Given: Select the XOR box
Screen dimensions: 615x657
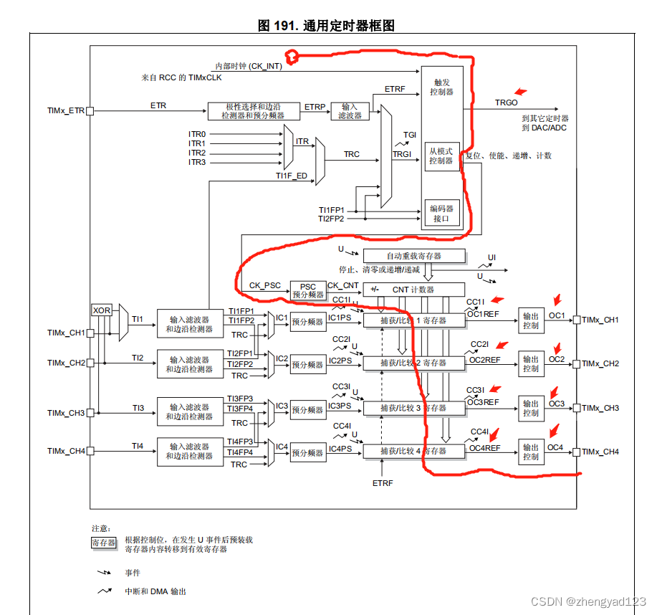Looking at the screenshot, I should (102, 310).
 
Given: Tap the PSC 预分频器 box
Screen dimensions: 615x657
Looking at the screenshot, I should (307, 290).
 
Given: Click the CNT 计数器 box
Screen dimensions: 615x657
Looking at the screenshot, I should (414, 290).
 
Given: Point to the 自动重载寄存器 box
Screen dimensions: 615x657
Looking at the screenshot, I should (413, 256).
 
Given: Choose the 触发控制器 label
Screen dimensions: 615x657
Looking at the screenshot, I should (441, 87).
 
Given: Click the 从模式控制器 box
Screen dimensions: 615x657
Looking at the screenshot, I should (441, 156).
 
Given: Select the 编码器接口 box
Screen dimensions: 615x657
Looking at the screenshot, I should (441, 214).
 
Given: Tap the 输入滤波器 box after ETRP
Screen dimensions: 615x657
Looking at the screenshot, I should (350, 111).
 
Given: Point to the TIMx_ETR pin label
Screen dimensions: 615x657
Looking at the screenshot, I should (66, 111).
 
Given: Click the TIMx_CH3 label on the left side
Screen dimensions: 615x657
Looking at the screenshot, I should (66, 413).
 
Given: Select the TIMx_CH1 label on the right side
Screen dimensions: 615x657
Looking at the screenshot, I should (600, 320).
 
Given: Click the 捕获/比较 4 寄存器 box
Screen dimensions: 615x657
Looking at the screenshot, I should (413, 451).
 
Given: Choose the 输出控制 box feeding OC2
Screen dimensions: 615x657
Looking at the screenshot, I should (530, 363).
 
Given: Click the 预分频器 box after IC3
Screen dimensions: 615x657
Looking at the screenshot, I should (307, 410).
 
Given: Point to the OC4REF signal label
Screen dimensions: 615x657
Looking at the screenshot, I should (484, 448).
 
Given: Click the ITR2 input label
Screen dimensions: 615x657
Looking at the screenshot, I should (197, 153).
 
